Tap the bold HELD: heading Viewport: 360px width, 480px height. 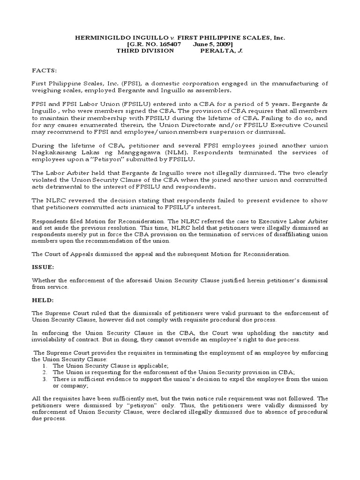coord(42,300)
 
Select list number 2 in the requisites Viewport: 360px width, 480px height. coord(45,372)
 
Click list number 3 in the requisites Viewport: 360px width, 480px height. coord(45,379)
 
